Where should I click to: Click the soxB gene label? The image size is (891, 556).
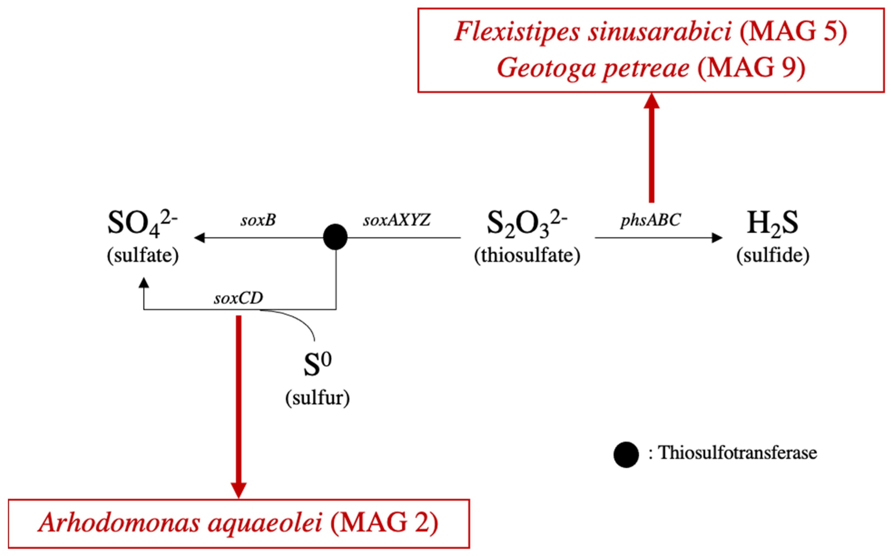pos(258,220)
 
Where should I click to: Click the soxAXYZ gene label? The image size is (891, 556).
pos(397,220)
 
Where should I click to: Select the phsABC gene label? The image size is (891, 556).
pos(650,221)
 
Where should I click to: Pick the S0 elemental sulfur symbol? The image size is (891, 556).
pos(317,364)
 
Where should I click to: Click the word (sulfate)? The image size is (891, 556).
pos(143,255)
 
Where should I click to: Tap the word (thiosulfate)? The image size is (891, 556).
pos(527,255)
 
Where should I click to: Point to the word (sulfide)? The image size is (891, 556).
pos(773,255)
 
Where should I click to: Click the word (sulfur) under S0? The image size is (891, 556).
pos(317,398)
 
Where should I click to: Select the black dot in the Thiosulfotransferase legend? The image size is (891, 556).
pos(626,455)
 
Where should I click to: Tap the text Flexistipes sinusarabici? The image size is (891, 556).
pos(592,31)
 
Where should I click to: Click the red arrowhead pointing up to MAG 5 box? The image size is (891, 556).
pos(651,101)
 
